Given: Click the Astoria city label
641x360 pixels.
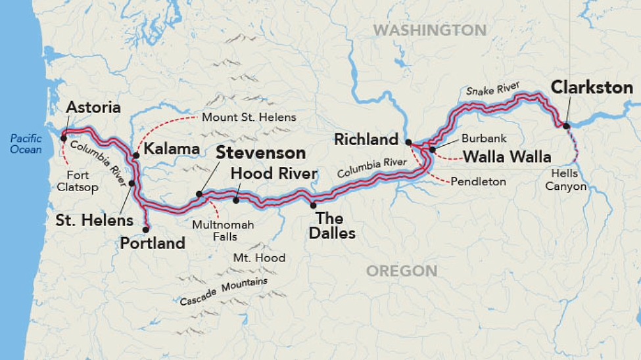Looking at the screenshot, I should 93,107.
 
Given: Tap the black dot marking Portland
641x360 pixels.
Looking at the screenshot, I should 146,229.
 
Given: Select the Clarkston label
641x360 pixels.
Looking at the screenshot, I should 591,87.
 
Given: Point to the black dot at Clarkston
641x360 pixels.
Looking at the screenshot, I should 565,125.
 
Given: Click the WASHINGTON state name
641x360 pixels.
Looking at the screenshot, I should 429,30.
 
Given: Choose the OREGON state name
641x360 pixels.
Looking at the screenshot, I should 401,271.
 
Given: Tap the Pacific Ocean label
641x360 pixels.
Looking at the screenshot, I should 26,144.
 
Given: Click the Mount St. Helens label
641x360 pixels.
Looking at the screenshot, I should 249,118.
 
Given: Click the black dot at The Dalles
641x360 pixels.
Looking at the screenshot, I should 313,206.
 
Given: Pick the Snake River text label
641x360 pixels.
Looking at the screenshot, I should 492,89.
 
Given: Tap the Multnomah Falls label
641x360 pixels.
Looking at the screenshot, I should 223,231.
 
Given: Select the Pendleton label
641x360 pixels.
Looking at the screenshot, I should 478,181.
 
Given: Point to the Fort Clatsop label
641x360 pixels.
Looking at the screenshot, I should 82,181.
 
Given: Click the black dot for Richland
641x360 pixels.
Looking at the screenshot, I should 408,142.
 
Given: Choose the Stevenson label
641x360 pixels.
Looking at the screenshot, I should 262,153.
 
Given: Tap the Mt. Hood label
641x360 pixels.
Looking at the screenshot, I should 259,258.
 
